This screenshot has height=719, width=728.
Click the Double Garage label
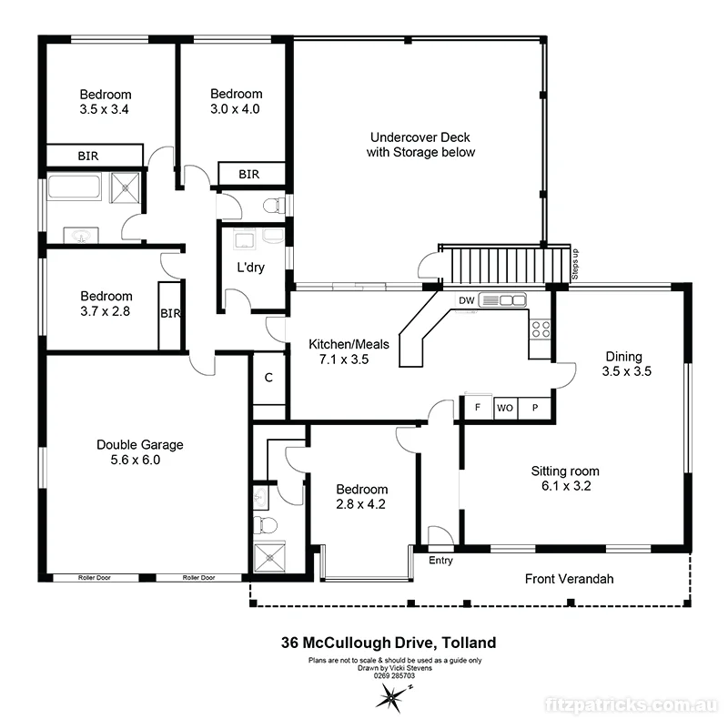tap(140, 452)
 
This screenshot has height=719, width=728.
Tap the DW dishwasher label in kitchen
tap(466, 300)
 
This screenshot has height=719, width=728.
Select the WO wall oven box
tap(504, 409)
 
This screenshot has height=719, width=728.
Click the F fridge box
tap(478, 409)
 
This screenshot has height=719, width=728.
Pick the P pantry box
tap(535, 409)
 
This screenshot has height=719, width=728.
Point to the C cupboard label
tap(268, 378)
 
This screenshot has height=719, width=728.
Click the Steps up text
tap(574, 264)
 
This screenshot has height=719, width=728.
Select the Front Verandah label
tap(570, 579)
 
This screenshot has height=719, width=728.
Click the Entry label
tap(440, 561)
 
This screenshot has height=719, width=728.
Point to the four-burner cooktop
tap(541, 329)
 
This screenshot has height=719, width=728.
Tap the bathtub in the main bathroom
tap(77, 188)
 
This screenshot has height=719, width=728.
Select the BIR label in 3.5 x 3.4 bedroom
tap(88, 157)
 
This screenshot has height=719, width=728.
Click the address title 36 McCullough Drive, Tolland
tap(388, 643)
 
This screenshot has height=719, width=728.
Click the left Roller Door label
tap(95, 577)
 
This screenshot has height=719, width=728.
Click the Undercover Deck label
tap(420, 145)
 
